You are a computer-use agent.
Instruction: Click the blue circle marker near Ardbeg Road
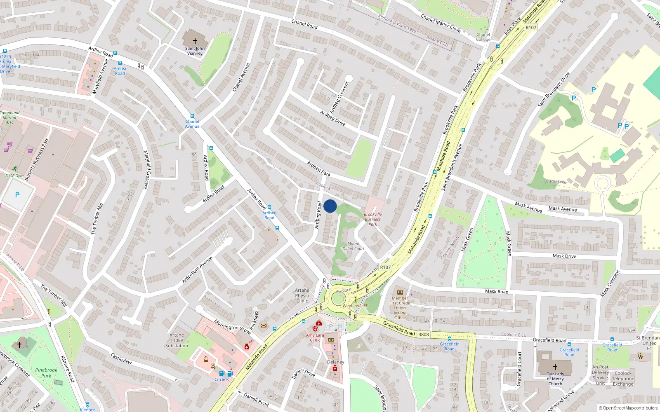tap(330, 206)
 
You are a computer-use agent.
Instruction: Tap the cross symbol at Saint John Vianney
tap(195, 41)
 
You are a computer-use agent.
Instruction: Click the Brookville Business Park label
tap(372, 219)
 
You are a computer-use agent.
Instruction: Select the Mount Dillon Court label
tap(354, 246)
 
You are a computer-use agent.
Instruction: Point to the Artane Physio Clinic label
tap(302, 296)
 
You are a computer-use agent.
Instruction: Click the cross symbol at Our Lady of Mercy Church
tap(555, 366)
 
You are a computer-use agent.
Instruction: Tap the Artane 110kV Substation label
tap(177, 340)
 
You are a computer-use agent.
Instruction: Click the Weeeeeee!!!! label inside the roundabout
tap(355, 306)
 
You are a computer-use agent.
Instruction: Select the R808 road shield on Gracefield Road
tap(424, 335)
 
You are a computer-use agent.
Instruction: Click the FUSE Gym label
tap(14, 176)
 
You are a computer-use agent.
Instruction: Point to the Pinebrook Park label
tap(46, 372)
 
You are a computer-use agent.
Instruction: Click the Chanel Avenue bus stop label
tap(192, 124)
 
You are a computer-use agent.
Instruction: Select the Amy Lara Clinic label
tap(315, 337)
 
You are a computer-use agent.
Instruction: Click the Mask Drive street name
tap(564, 256)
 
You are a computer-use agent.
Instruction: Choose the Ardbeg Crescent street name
tap(339, 97)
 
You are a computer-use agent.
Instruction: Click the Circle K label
tap(222, 379)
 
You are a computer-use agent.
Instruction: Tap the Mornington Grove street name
tap(232, 327)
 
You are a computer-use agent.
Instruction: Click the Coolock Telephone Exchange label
tap(623, 379)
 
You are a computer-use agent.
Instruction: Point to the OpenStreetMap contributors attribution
tap(628, 408)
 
